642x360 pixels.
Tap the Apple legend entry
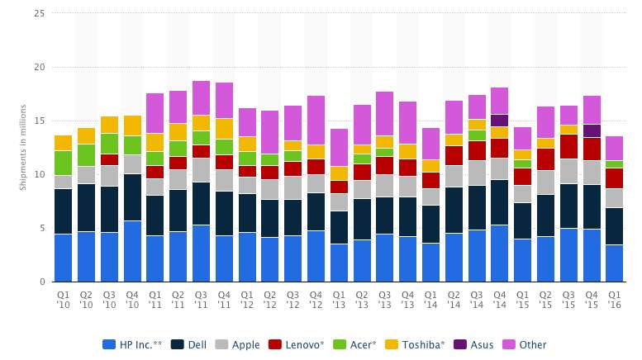(240, 344)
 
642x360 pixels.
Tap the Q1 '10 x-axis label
(64, 298)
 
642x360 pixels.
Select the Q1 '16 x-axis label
(614, 298)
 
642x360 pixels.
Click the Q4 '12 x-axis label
(316, 298)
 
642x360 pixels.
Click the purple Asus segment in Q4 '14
(499, 120)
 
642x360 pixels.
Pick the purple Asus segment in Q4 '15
(591, 130)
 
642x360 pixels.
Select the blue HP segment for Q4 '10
(132, 251)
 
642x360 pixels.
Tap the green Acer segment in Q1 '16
(614, 164)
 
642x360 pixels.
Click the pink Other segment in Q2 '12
(270, 132)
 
